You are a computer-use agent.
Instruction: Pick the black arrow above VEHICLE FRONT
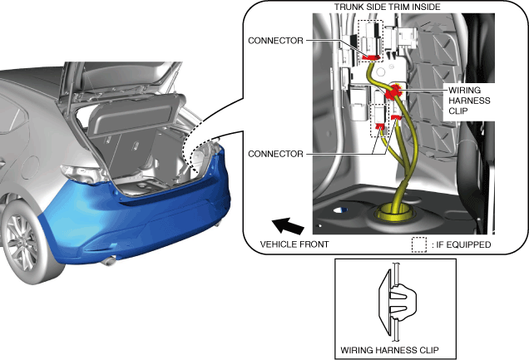[288, 224]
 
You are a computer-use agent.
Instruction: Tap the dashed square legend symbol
[419, 244]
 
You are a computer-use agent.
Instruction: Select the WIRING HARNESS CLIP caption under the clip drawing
[393, 348]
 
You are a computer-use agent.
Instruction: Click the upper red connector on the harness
[371, 57]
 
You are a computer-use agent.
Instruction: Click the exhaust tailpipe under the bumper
[108, 262]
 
